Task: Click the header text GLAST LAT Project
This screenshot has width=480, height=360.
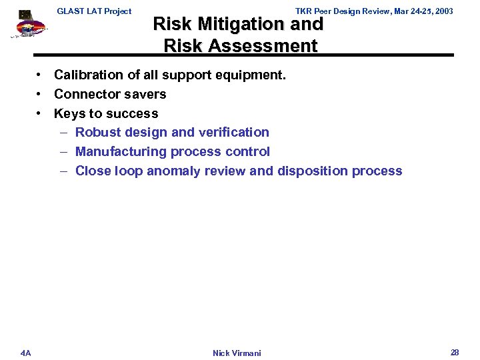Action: [94, 11]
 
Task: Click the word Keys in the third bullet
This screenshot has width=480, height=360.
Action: [68, 113]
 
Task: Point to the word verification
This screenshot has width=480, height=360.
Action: [234, 132]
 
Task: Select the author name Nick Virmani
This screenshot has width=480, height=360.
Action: [237, 353]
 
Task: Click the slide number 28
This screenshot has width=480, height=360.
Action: [455, 352]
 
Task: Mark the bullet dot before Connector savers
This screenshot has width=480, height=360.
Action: [40, 94]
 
